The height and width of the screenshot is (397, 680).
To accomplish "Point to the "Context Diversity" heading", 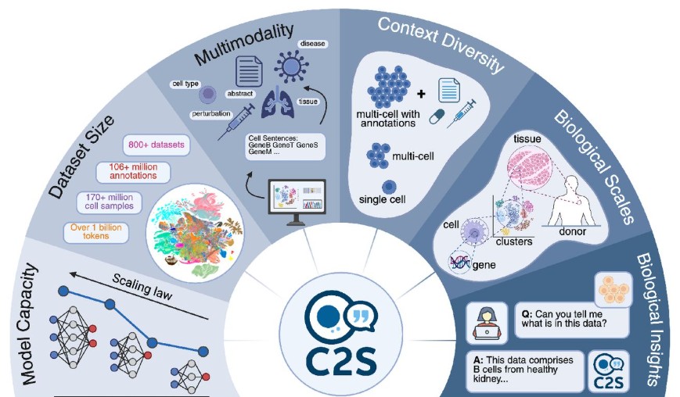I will pyautogui.click(x=441, y=45).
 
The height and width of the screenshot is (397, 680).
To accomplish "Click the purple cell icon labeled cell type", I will pyautogui.click(x=208, y=95).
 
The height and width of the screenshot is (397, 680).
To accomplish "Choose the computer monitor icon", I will pyautogui.click(x=296, y=202).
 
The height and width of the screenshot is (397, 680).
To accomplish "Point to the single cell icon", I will pyautogui.click(x=387, y=187).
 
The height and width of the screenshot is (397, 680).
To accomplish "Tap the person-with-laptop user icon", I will pyautogui.click(x=483, y=320).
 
